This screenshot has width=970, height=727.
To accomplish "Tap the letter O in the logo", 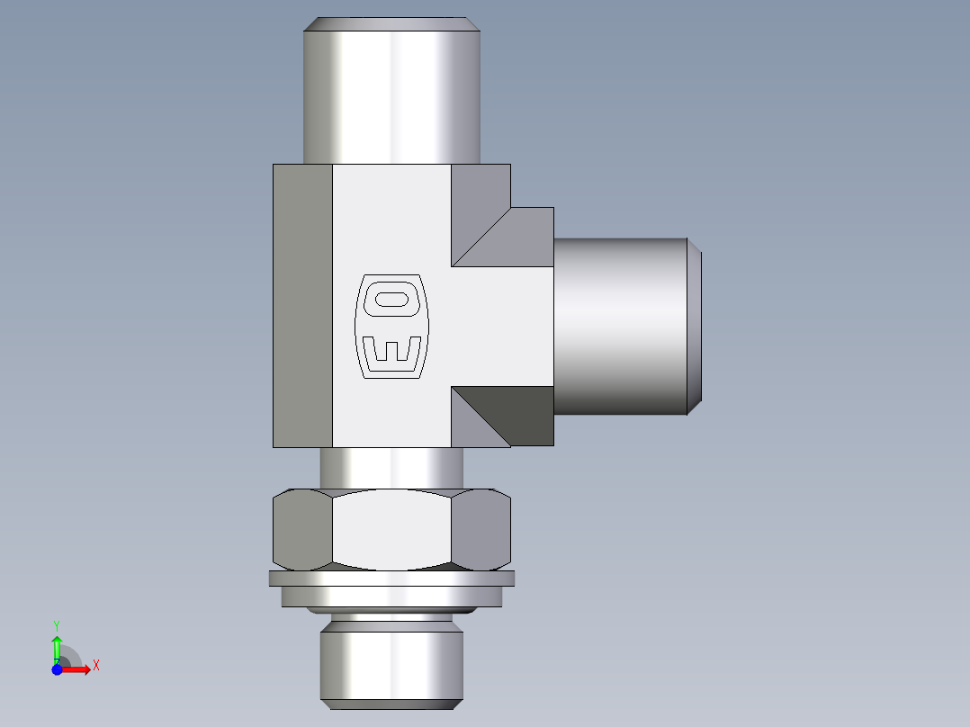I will pyautogui.click(x=393, y=299).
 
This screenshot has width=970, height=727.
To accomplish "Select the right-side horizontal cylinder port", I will pyautogui.click(x=621, y=326).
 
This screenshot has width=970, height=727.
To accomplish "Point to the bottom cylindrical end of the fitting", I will pyautogui.click(x=391, y=666).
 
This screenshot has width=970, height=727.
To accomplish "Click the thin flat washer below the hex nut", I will pyautogui.click(x=391, y=579).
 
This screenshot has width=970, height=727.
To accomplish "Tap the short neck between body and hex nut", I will pyautogui.click(x=391, y=468).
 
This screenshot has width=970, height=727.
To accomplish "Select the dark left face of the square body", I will pyautogui.click(x=302, y=306).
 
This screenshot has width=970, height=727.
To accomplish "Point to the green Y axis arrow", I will pyautogui.click(x=57, y=647).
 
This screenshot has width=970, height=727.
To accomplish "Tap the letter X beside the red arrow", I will pyautogui.click(x=96, y=666).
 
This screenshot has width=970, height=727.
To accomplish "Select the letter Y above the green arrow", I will pyautogui.click(x=57, y=624).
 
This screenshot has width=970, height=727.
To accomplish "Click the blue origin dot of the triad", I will pyautogui.click(x=57, y=669).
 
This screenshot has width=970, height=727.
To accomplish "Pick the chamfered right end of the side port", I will pyautogui.click(x=695, y=326).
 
